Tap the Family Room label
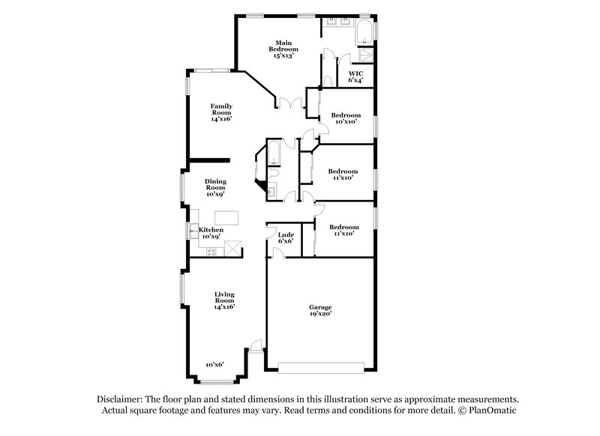(220, 109)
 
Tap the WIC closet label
(355, 73)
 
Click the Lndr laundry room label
(285, 234)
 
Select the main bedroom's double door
(289, 104)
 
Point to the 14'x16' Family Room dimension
(220, 119)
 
